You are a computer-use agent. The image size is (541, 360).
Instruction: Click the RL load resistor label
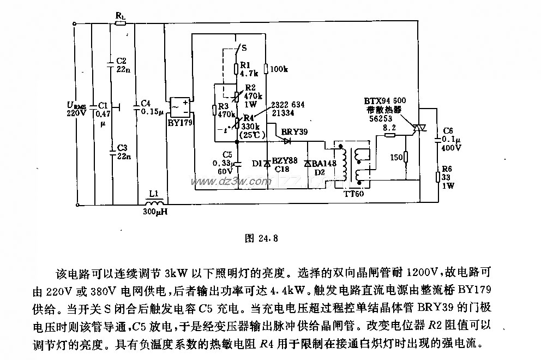click(121, 16)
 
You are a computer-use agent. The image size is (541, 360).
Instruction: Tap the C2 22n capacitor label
click(121, 64)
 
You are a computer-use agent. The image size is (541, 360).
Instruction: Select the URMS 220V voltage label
click(76, 109)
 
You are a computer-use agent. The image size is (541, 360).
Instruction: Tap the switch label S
click(244, 47)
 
